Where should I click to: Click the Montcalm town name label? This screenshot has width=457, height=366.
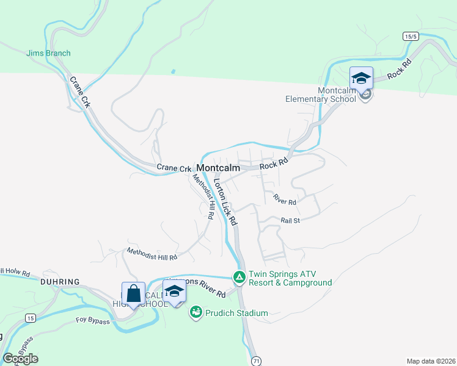point(218,168)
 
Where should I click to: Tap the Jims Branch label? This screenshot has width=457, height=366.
point(48,53)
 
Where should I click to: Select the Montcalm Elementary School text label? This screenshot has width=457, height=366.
point(320,95)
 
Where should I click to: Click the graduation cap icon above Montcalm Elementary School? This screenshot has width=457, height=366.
point(361,78)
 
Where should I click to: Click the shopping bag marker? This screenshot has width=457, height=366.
point(133,293)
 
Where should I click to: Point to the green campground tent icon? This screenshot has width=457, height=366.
point(239,278)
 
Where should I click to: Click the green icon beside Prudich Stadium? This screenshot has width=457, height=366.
point(196,313)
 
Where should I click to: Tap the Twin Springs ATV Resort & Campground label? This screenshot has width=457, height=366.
point(290,278)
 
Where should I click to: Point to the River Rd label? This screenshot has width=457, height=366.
point(285,199)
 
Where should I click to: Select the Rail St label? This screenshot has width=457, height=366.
point(290,220)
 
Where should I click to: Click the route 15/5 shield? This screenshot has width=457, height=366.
point(411,37)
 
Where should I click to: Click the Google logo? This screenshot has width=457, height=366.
point(21,358)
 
